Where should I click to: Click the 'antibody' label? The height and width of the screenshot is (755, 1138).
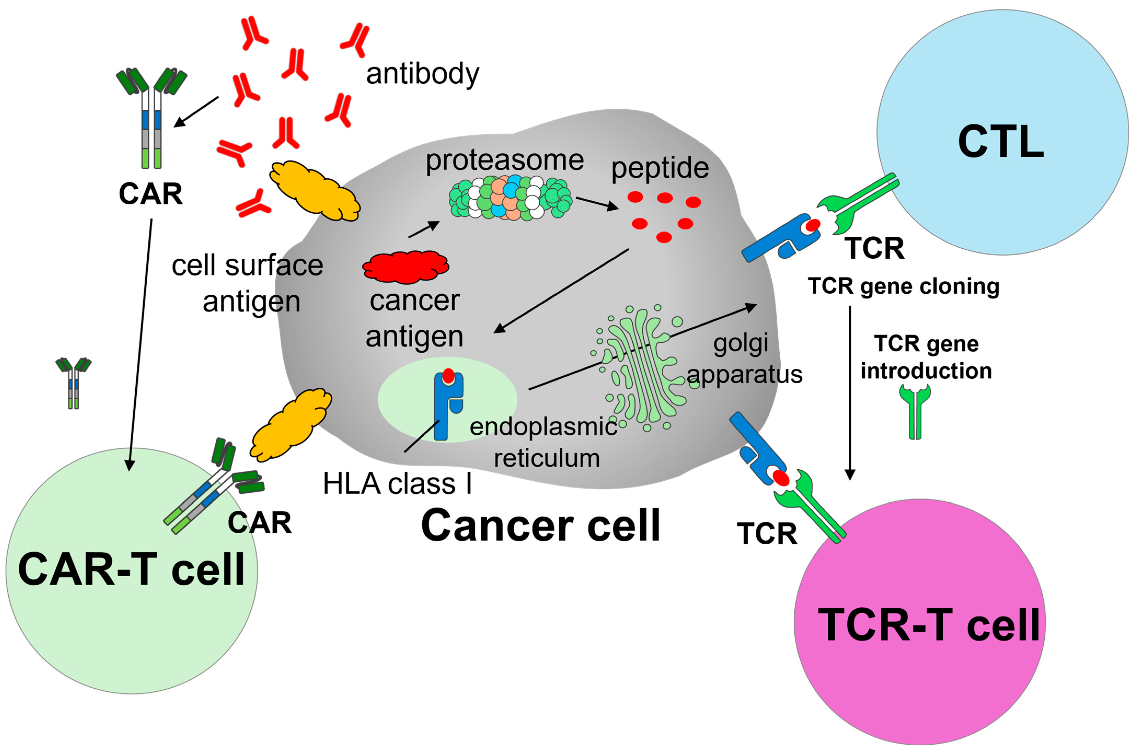point(422,75)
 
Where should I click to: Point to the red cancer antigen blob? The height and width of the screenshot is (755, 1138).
point(405,266)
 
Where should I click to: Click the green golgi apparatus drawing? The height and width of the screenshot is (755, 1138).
point(643,368)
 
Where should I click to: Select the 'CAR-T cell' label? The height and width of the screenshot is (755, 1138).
point(131,570)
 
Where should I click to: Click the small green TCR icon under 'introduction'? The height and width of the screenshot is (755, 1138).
point(915,412)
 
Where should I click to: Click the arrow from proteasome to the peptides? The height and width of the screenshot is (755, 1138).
point(597,203)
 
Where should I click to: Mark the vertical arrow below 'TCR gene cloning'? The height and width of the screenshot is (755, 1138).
point(850,393)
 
